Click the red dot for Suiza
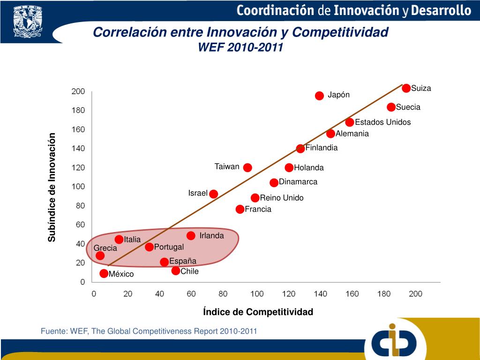406,88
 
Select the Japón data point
320,96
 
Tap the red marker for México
104,273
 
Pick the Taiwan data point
247,167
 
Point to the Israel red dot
214,194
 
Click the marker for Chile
176,270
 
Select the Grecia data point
100,255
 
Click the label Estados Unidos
382,122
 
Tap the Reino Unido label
282,198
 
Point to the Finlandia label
322,148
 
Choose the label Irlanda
211,235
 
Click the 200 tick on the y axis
78,91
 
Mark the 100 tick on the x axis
257,294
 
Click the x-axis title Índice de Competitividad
258,312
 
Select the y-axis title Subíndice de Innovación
52,187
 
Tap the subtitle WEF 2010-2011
241,47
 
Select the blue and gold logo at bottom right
394,341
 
